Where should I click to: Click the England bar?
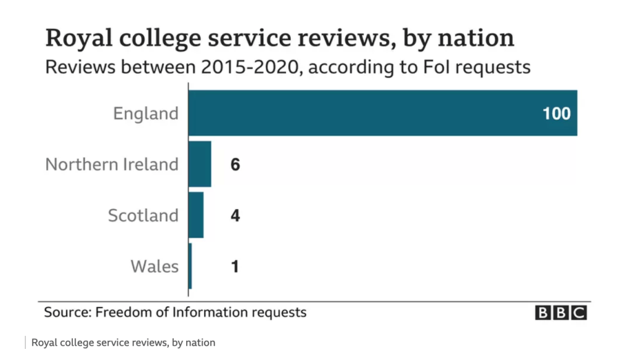click(382, 113)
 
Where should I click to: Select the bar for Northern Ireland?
click(200, 164)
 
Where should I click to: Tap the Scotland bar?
click(196, 215)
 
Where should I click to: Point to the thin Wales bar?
click(190, 266)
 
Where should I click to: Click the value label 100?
click(556, 114)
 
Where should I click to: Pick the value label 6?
click(235, 165)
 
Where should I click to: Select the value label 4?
click(235, 216)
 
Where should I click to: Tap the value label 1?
click(235, 267)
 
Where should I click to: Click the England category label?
click(145, 114)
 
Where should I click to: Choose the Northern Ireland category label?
click(112, 165)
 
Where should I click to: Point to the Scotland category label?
click(143, 216)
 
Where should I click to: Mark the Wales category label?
click(154, 267)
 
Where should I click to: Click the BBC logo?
click(560, 313)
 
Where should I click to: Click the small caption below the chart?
click(123, 343)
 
